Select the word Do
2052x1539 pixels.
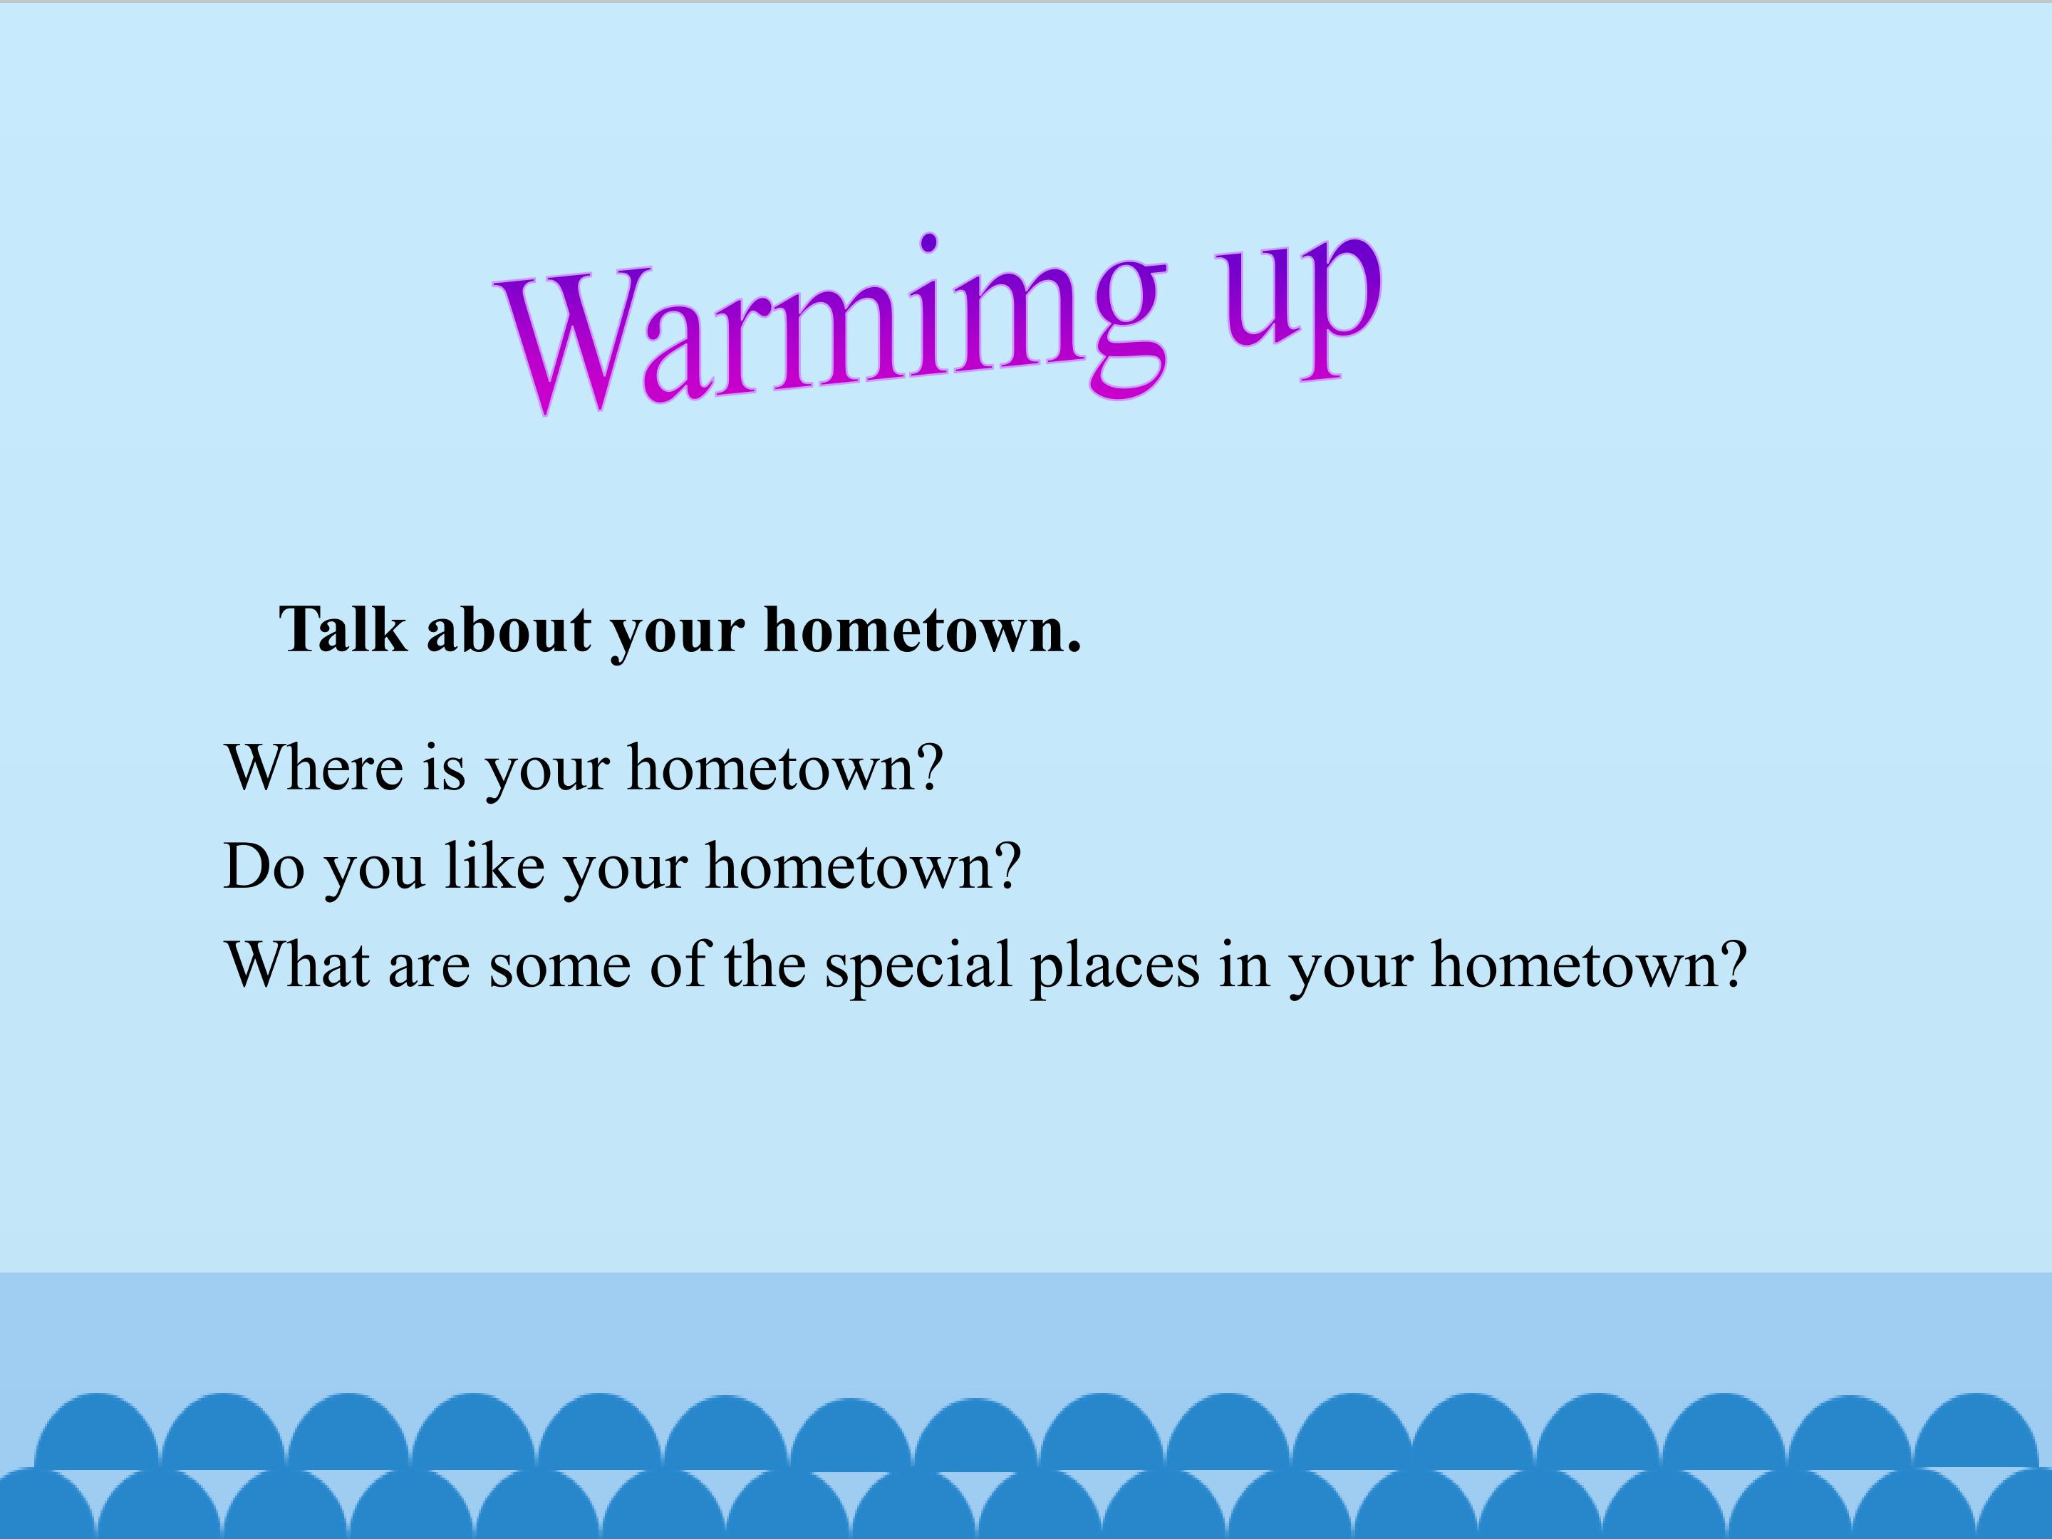click(264, 866)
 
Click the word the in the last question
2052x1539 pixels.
click(765, 965)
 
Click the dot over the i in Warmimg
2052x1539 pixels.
click(928, 242)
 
